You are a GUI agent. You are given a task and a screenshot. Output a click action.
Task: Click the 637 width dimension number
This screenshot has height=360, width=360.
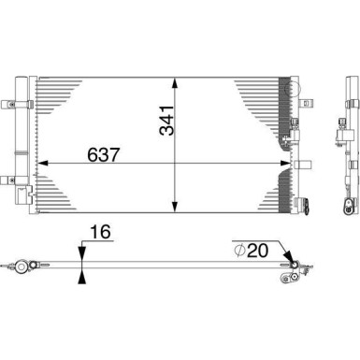click(x=104, y=154)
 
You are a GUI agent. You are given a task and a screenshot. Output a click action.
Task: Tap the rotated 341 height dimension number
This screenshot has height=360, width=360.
click(x=166, y=120)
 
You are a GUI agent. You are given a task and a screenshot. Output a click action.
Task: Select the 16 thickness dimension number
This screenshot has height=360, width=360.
click(x=100, y=232)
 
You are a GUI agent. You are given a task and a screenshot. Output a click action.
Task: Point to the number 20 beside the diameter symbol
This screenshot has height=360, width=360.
click(x=257, y=251)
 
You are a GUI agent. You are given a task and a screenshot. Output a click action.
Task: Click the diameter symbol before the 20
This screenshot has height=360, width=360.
click(x=239, y=251)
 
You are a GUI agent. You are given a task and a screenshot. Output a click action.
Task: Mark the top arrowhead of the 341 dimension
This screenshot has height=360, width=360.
click(x=175, y=83)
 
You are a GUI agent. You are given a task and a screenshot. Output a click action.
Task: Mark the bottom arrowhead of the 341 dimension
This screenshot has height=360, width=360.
click(x=175, y=207)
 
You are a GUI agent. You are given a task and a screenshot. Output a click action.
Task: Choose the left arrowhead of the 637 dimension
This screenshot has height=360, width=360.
click(x=42, y=163)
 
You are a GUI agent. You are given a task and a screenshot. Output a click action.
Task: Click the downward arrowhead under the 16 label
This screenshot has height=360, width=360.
click(x=81, y=252)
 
